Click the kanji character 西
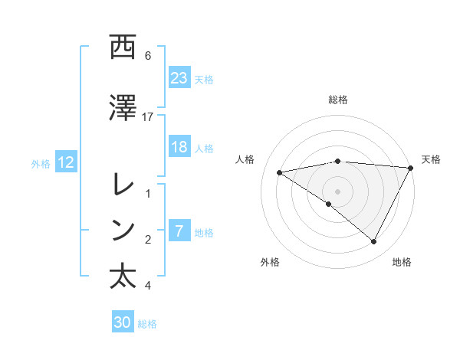pos(123,48)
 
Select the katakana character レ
pos(123,184)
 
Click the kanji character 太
pos(123,276)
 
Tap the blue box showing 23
pos(179,78)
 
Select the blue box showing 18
pos(179,148)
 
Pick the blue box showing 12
pos(66,162)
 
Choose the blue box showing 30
pos(123,323)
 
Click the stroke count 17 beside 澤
pos(148,116)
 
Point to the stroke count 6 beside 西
pos(148,56)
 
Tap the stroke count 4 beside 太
pos(148,286)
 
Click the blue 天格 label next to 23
pos(204,79)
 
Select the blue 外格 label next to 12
pos(41,163)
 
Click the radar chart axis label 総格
pos(337,100)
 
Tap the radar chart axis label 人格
pos(246,159)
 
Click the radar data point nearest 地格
pos(374,242)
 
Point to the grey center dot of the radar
pos(337,191)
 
